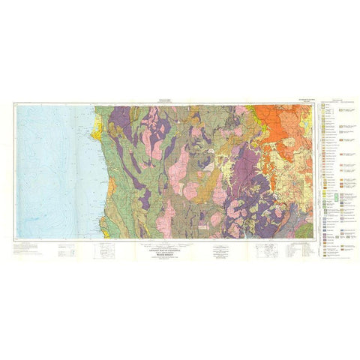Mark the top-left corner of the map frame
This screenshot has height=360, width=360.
(16, 103)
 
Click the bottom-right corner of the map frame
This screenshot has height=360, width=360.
(316, 239)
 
